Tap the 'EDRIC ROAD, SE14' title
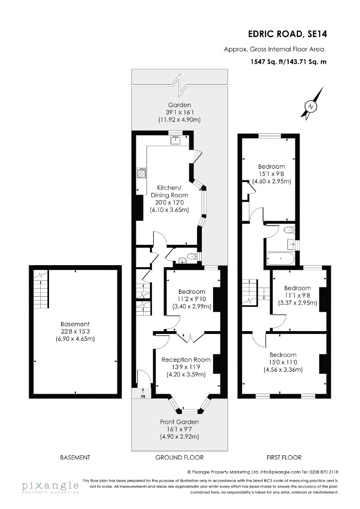pyautogui.click(x=288, y=34)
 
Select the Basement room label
pyautogui.click(x=75, y=324)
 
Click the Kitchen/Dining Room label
pyautogui.click(x=169, y=191)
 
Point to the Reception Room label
pyautogui.click(x=186, y=360)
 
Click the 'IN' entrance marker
pyautogui.click(x=143, y=397)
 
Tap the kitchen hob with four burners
pyautogui.click(x=142, y=173)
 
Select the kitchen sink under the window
pyautogui.click(x=176, y=140)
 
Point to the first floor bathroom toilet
pyautogui.click(x=289, y=230)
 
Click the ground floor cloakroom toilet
pyautogui.click(x=193, y=257)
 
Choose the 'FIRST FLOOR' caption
pyautogui.click(x=284, y=458)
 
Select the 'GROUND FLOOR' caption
pyautogui.click(x=180, y=458)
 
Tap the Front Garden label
pyautogui.click(x=180, y=422)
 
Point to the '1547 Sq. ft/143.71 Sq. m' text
pyautogui.click(x=289, y=62)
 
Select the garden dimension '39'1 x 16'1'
pyautogui.click(x=180, y=112)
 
